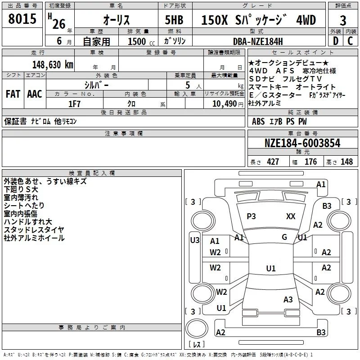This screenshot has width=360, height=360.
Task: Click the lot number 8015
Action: (22, 19)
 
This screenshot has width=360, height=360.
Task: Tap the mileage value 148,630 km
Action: (53, 65)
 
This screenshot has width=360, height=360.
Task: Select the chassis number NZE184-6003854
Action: (302, 143)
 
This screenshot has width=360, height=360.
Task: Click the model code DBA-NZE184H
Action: (258, 41)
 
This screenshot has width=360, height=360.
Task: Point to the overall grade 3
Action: (343, 21)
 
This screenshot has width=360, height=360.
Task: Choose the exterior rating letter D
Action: (336, 41)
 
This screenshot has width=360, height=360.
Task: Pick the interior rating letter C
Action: (351, 41)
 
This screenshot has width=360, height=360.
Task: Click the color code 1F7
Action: (74, 104)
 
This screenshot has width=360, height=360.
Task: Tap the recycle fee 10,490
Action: (225, 104)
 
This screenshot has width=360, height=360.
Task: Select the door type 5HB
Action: (174, 20)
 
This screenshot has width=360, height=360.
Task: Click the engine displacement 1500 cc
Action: (141, 41)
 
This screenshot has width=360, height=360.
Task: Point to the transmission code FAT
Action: (13, 94)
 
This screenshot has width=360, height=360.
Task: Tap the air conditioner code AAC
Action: (35, 94)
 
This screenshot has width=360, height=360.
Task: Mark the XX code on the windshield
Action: (291, 216)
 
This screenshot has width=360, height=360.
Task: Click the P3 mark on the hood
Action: (251, 216)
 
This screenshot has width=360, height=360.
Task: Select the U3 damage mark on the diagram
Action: (195, 240)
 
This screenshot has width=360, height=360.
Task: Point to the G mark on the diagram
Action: (284, 237)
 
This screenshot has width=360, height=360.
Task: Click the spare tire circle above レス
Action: (197, 328)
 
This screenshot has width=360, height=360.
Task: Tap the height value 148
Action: (346, 162)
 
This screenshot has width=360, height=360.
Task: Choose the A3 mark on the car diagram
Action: (288, 300)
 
